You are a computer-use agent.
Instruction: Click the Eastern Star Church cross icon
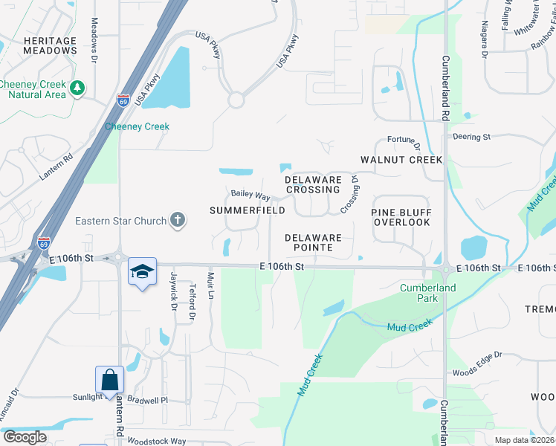pyautogui.click(x=177, y=219)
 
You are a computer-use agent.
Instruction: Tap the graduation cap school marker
pyautogui.click(x=141, y=271)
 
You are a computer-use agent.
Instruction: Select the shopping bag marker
pyautogui.click(x=109, y=380)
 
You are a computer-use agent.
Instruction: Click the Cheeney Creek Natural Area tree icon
pyautogui.click(x=77, y=88)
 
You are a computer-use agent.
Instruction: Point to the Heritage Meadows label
pyautogui.click(x=39, y=45)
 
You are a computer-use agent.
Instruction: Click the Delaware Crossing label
pyautogui.click(x=314, y=184)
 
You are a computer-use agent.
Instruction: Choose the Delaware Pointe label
pyautogui.click(x=314, y=242)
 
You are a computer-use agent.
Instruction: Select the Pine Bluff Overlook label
pyautogui.click(x=401, y=217)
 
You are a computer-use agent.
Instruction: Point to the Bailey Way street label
pyautogui.click(x=250, y=195)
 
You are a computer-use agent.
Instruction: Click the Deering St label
pyautogui.click(x=472, y=137)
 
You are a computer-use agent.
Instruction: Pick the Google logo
pyautogui.click(x=25, y=437)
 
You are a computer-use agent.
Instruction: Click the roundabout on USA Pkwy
pyautogui.click(x=237, y=99)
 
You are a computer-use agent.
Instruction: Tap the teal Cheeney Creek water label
pyautogui.click(x=137, y=126)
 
